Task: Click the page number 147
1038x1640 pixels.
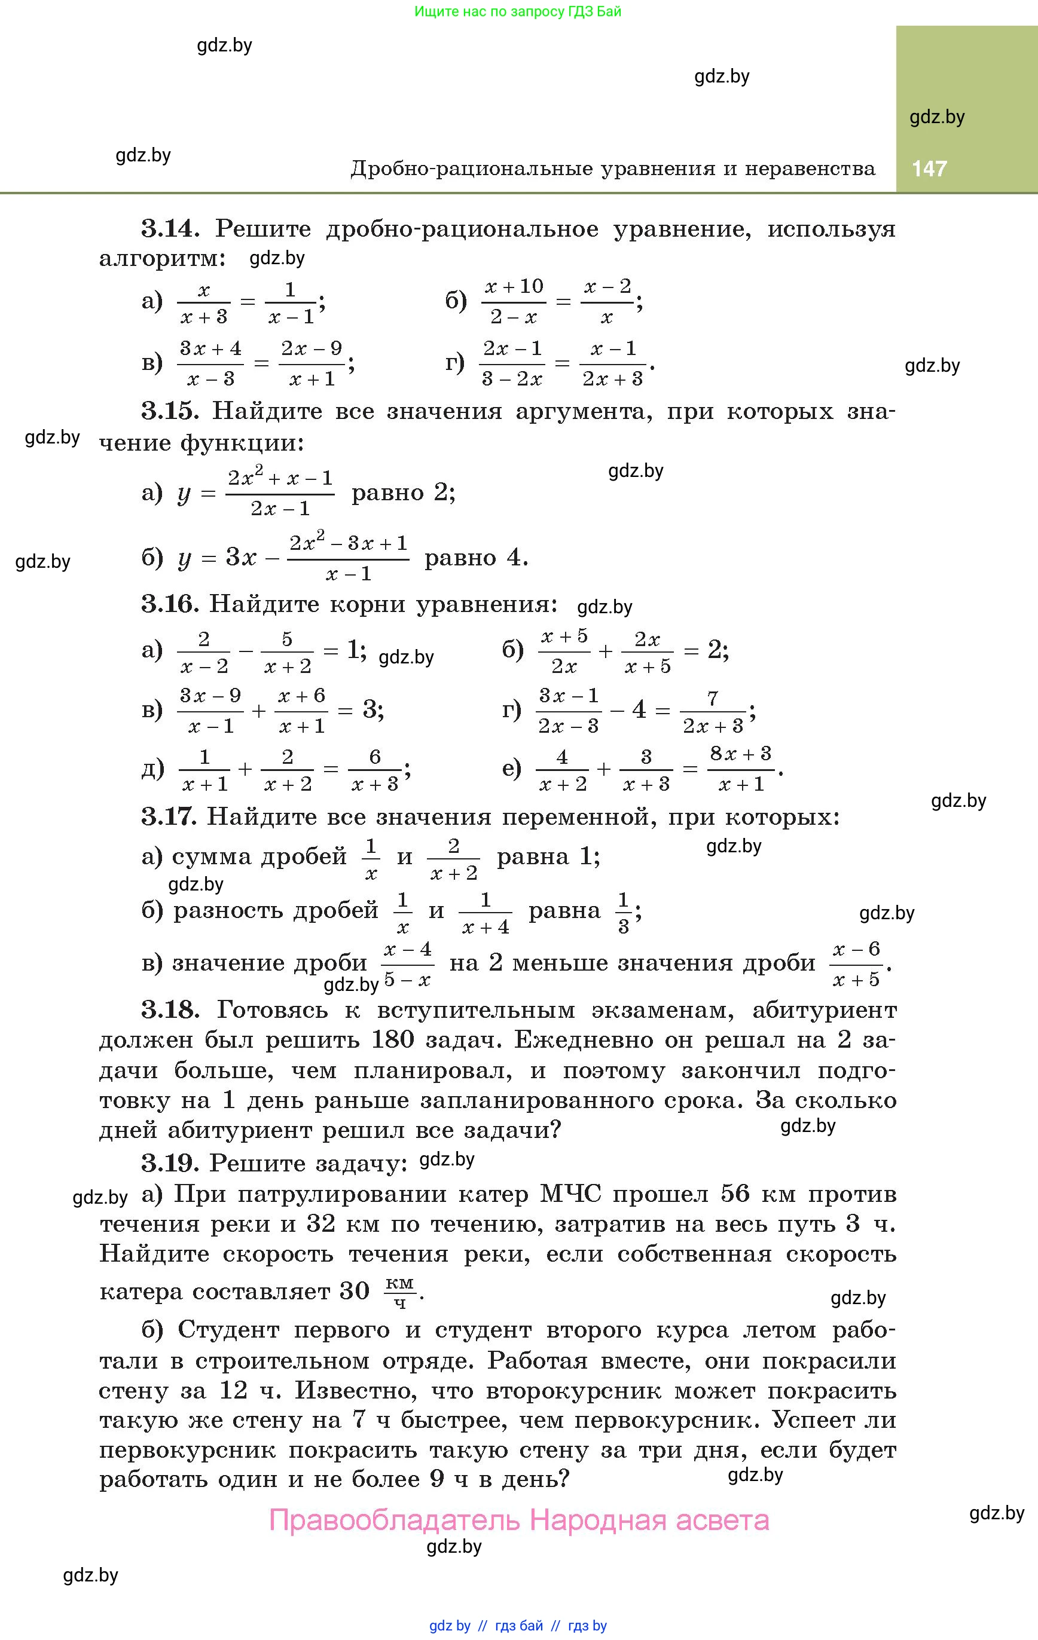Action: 929,168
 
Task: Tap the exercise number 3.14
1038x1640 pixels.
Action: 170,229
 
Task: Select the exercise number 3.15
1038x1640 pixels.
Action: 170,411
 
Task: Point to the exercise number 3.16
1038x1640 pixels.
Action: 170,604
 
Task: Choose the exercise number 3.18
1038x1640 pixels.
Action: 170,1010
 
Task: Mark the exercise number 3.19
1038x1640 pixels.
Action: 170,1163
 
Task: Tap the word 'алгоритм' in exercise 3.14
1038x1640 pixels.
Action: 162,259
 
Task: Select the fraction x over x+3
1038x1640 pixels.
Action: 203,303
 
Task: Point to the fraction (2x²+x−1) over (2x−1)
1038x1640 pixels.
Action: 280,493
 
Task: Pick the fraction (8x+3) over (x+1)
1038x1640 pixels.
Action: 741,770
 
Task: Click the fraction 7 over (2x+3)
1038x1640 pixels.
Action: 713,712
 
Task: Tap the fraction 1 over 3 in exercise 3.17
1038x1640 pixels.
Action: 623,913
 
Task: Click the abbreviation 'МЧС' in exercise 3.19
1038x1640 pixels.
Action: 570,1194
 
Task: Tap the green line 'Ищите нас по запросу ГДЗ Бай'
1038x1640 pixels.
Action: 517,11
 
